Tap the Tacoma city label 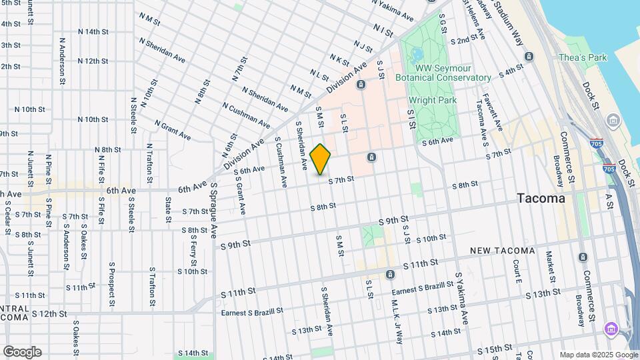(x=541, y=199)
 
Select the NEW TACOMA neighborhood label (x=502, y=251)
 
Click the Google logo (x=22, y=352)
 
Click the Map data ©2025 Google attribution (x=598, y=355)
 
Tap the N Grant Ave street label (x=173, y=130)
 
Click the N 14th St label (x=93, y=31)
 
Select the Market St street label (x=550, y=267)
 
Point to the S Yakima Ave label (x=463, y=293)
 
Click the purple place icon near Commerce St (x=610, y=329)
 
